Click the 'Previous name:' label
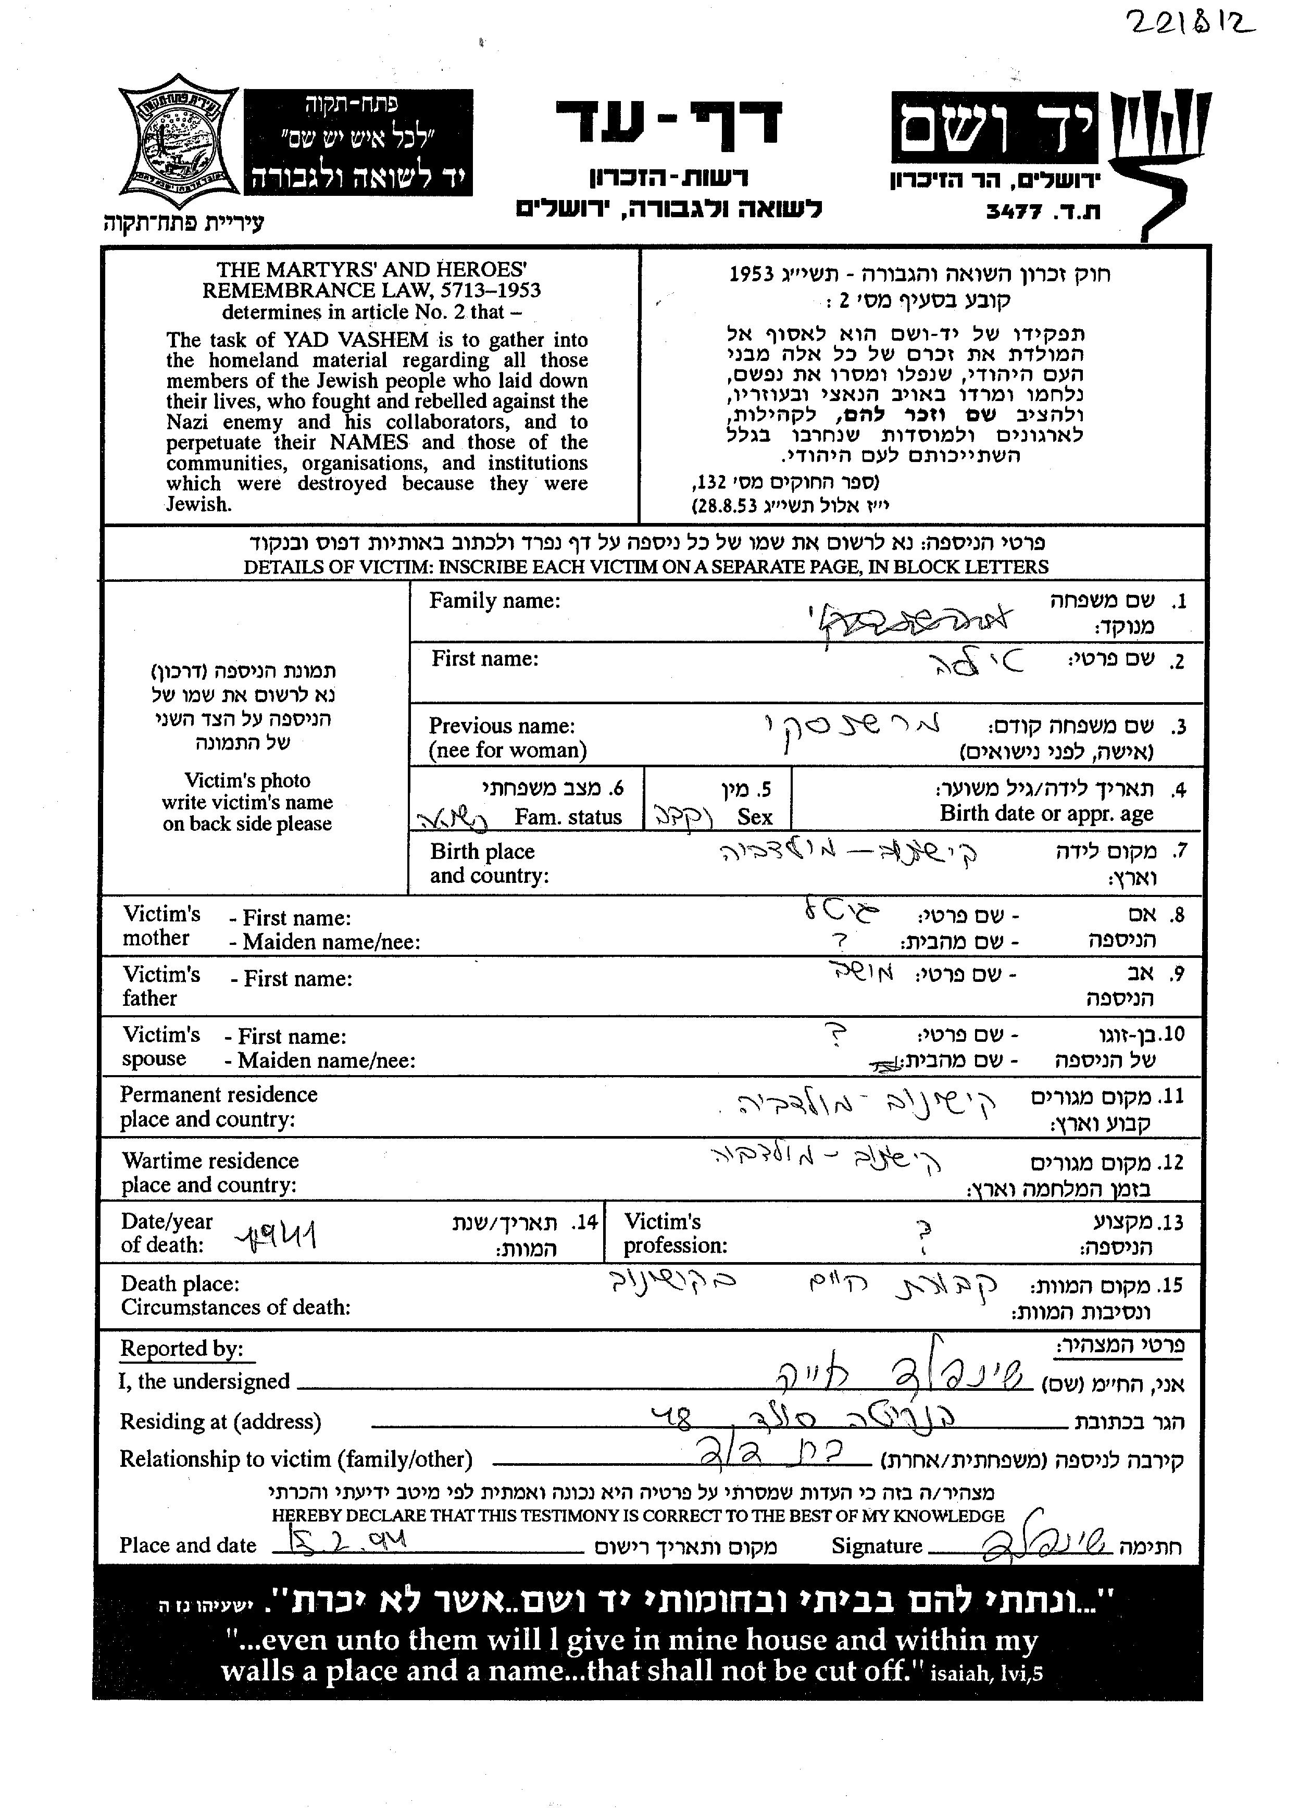(501, 726)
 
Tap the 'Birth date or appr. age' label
(1046, 814)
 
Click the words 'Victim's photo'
(247, 780)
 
